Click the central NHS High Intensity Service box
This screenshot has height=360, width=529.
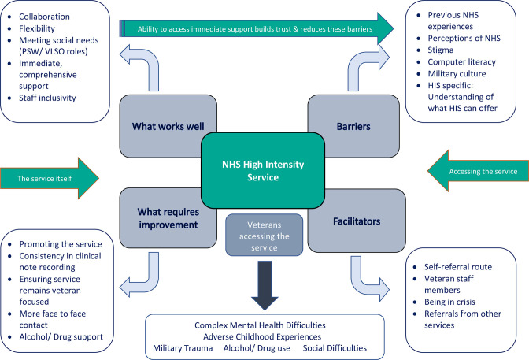coord(263,170)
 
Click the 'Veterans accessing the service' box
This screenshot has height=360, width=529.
coord(264,236)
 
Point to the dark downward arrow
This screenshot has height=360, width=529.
coord(264,285)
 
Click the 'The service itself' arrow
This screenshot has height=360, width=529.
coord(50,178)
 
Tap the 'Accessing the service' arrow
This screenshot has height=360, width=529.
coord(478,171)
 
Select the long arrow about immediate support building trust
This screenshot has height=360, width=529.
coord(257,28)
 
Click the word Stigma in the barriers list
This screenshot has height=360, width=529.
coord(441,50)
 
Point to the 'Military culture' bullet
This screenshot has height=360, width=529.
coord(457,73)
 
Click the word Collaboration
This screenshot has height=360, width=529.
coord(44,17)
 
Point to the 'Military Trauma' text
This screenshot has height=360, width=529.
coord(183,348)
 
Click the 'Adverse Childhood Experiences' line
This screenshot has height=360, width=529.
coord(262,336)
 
